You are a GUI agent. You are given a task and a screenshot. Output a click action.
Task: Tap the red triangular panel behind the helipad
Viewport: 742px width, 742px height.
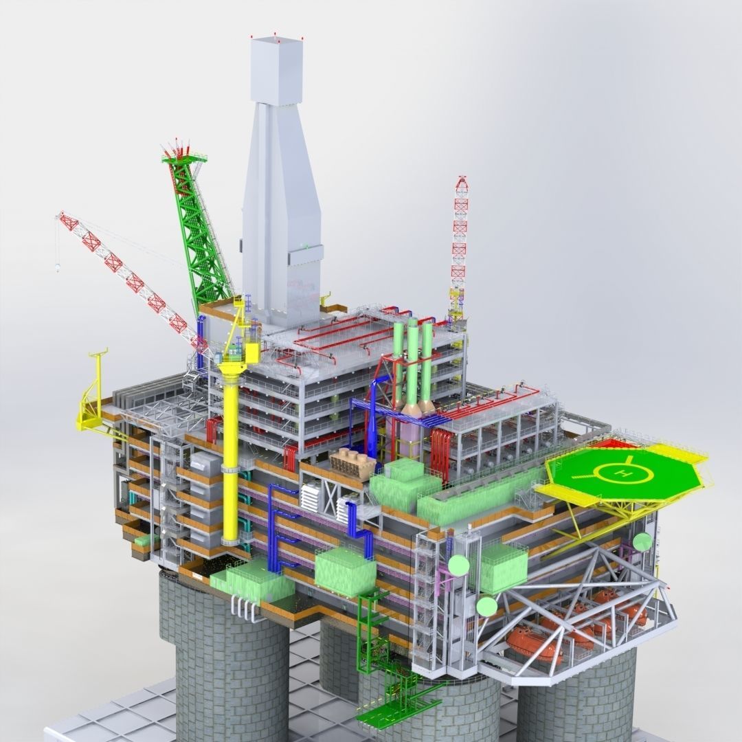[x=613, y=443]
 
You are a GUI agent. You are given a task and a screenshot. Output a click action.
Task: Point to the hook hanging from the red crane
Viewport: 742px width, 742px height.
[x=58, y=266]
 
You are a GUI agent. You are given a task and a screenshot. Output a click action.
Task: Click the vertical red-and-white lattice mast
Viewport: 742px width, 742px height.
[x=459, y=240]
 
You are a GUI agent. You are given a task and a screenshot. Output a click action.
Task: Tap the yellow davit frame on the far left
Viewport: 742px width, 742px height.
[x=91, y=398]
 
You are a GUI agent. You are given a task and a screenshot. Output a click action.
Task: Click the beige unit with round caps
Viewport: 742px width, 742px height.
[x=352, y=462]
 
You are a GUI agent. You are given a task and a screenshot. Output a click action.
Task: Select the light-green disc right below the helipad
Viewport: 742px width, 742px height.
[x=642, y=541]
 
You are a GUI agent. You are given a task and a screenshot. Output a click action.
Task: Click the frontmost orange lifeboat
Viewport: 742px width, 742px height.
[x=532, y=644]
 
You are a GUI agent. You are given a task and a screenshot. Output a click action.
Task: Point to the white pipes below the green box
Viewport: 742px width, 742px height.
[x=245, y=608]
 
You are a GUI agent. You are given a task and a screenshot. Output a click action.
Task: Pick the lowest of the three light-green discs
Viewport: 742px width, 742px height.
[x=486, y=606]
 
